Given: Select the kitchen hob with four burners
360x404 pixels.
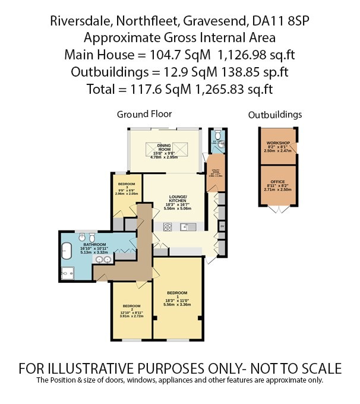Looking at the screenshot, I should pyautogui.click(x=168, y=226).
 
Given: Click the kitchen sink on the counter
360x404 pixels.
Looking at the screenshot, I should pyautogui.click(x=186, y=226).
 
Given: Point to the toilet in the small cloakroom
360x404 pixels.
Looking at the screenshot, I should pyautogui.click(x=219, y=136).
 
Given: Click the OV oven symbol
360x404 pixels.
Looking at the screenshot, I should pyautogui.click(x=222, y=226).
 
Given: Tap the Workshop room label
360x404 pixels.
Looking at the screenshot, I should pyautogui.click(x=277, y=144).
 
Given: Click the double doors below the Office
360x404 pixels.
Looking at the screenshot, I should pyautogui.click(x=278, y=210).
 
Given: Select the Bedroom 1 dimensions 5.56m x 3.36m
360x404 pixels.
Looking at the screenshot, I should pyautogui.click(x=177, y=305).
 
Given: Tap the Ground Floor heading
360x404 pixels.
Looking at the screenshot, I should pyautogui.click(x=144, y=113).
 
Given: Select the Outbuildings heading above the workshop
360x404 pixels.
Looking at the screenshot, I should pyautogui.click(x=275, y=114).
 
